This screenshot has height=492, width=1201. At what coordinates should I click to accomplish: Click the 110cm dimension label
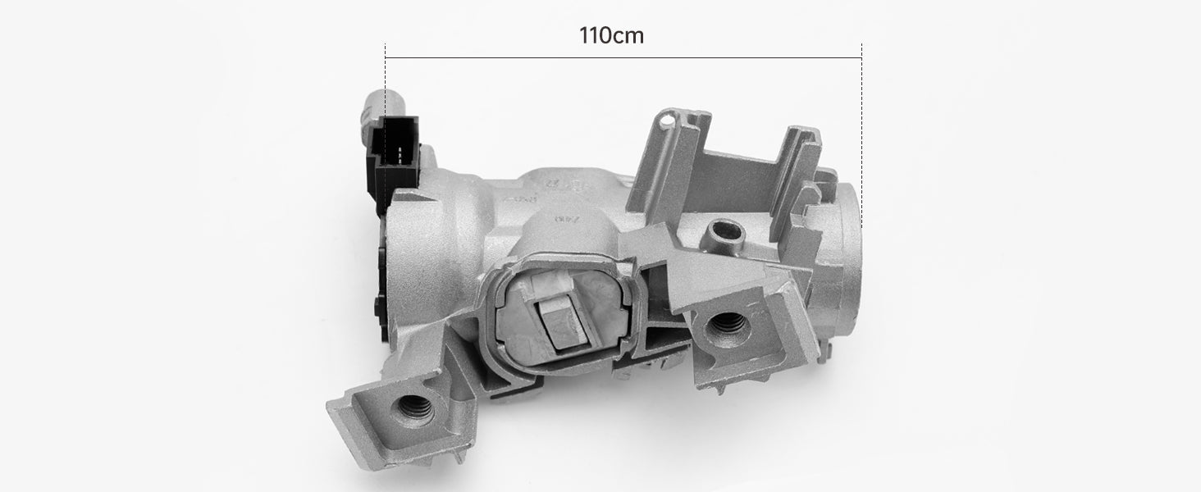[x=610, y=35]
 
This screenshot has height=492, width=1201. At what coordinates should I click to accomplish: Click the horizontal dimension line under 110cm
[x=623, y=57]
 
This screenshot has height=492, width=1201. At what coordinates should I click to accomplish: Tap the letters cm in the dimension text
[x=628, y=35]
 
